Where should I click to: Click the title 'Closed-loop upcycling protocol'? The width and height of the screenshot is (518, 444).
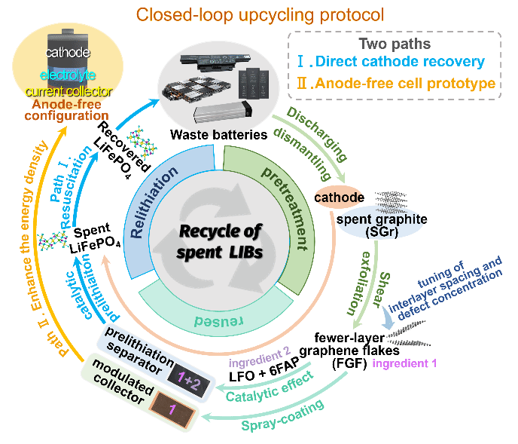pos(259,14)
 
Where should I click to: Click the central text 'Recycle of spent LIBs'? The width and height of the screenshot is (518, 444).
pos(219,240)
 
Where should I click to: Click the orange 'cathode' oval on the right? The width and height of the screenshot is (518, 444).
pos(339,198)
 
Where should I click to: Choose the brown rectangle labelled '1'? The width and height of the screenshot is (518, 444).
pos(171,410)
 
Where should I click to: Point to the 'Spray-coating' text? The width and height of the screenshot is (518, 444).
pos(283,415)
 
